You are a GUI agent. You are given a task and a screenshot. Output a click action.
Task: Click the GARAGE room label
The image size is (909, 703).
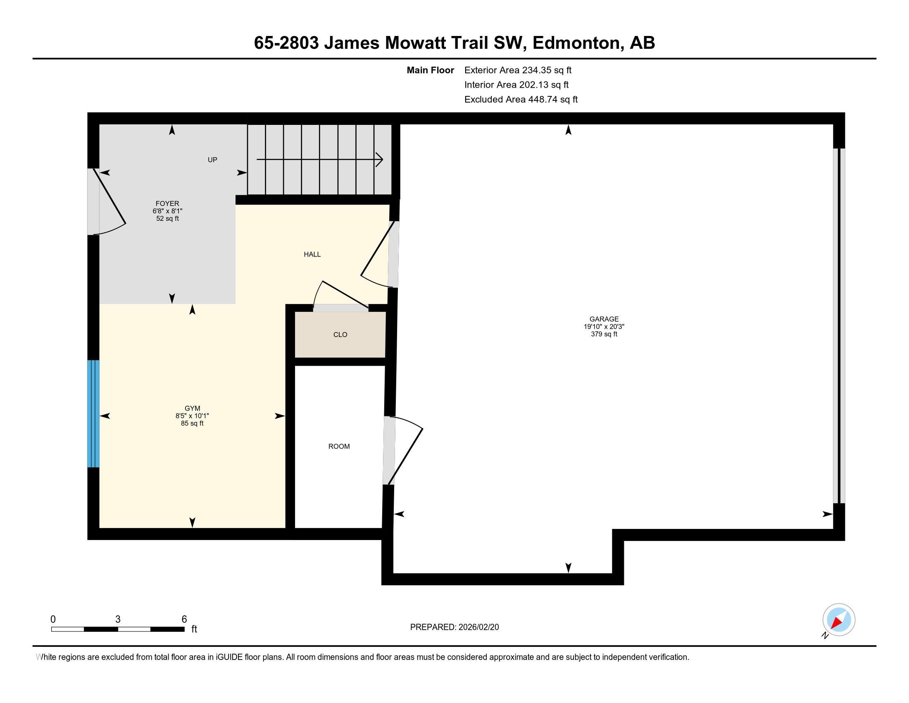pyautogui.click(x=604, y=319)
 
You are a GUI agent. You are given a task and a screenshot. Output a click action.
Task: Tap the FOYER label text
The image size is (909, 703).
pyautogui.click(x=167, y=203)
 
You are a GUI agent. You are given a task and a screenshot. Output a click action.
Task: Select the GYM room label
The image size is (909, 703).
pyautogui.click(x=192, y=409)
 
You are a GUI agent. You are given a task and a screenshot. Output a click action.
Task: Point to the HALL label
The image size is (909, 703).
pyautogui.click(x=312, y=254)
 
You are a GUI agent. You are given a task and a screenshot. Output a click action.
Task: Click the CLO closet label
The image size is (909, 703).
pyautogui.click(x=340, y=335)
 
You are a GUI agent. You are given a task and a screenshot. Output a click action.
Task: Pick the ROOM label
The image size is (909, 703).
pyautogui.click(x=339, y=447)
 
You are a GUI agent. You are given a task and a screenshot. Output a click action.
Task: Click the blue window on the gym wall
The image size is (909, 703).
pyautogui.click(x=94, y=414)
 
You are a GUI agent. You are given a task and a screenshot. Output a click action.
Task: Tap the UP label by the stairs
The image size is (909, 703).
pyautogui.click(x=212, y=160)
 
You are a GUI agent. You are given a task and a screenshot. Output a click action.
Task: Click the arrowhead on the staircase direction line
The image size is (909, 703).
pyautogui.click(x=379, y=160)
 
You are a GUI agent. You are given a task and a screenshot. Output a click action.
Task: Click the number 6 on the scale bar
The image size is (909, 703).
pyautogui.click(x=184, y=619)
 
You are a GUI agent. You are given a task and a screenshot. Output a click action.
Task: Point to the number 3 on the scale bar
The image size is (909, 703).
pyautogui.click(x=118, y=619)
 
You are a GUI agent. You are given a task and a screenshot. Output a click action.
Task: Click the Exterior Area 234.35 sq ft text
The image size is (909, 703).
pyautogui.click(x=518, y=70)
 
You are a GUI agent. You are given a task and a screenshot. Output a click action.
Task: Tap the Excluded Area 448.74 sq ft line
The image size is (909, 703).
pyautogui.click(x=521, y=100)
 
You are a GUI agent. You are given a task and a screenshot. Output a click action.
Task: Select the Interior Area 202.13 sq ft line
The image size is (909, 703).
pyautogui.click(x=516, y=85)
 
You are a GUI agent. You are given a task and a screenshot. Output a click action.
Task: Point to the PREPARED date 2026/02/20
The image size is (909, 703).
pyautogui.click(x=478, y=627)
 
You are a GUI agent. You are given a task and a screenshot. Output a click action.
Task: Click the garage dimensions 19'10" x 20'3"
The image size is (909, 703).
pyautogui.click(x=604, y=327)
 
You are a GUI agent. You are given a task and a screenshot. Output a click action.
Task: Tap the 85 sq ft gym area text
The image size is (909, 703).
pyautogui.click(x=192, y=423)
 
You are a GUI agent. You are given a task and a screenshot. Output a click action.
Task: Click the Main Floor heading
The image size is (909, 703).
pyautogui.click(x=431, y=70)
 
